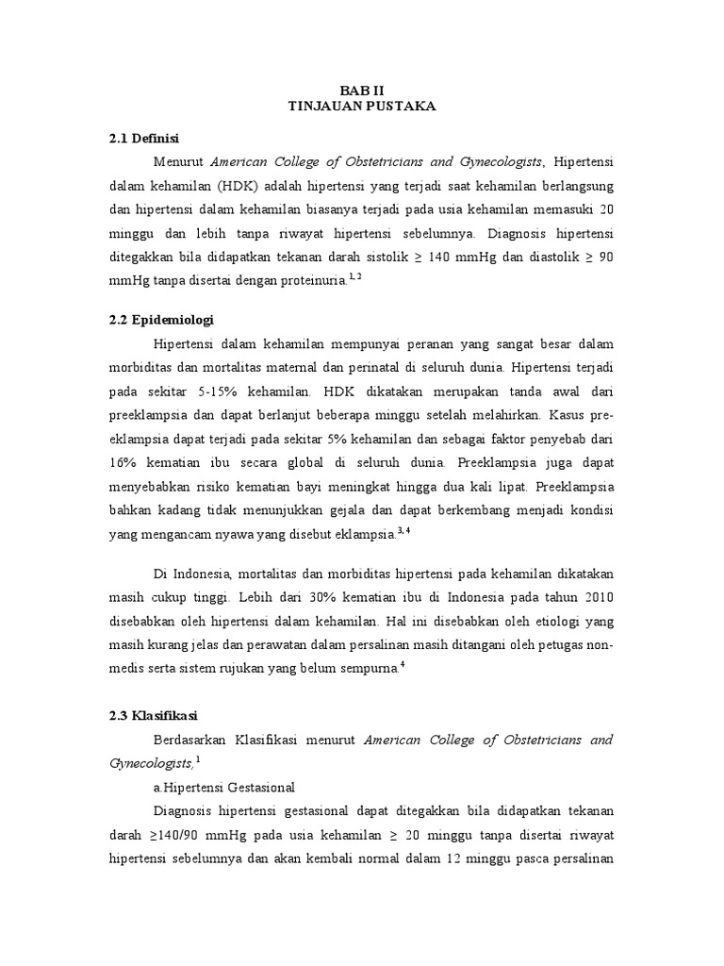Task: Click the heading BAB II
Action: point(361,91)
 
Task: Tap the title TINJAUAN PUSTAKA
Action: point(361,107)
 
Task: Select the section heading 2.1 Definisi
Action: point(144,139)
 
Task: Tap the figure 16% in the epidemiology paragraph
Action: point(123,463)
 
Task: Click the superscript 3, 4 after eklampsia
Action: point(403,530)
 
